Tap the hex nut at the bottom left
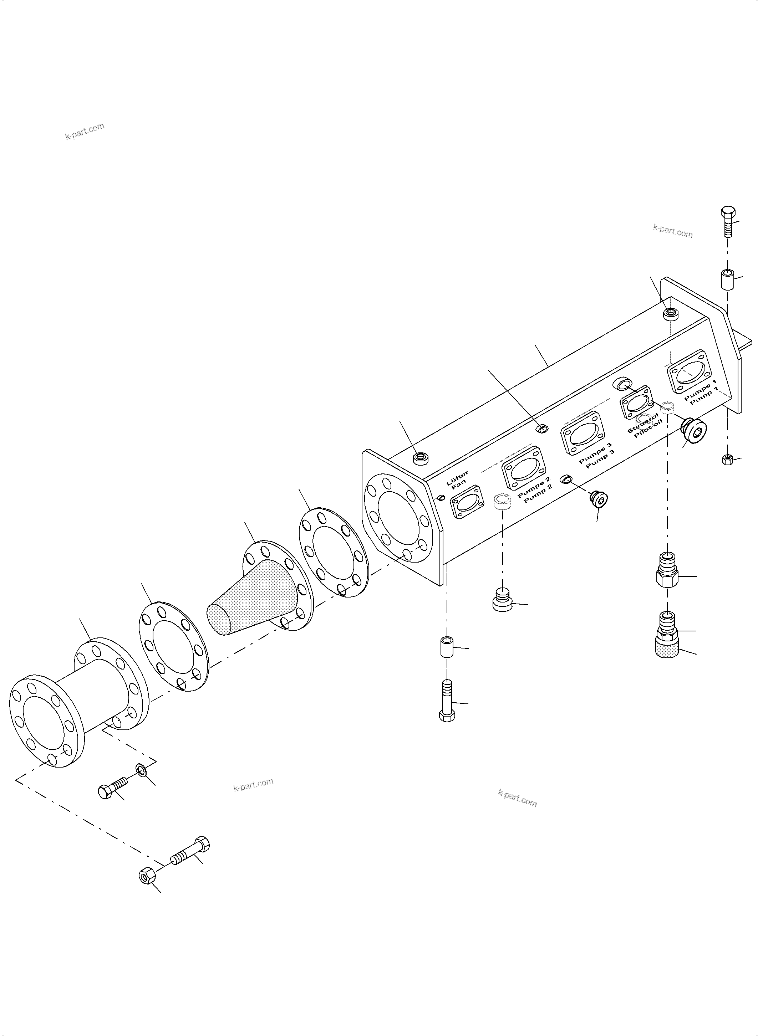pos(147,876)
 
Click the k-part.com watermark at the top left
pos(85,131)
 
